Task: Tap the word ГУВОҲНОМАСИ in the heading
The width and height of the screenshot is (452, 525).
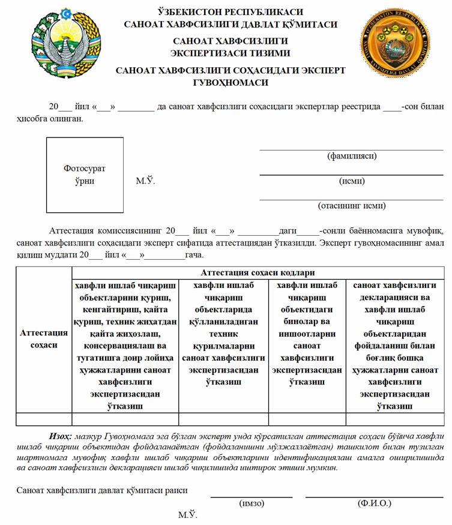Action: tap(231, 82)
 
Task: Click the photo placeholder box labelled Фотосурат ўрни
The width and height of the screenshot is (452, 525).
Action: tap(85, 175)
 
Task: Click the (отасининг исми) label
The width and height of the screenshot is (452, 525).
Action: tap(351, 206)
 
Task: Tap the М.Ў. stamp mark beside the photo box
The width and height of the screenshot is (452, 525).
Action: tap(145, 181)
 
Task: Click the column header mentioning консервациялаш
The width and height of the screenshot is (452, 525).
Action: tap(125, 346)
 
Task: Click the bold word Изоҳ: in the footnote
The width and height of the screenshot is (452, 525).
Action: tap(61, 436)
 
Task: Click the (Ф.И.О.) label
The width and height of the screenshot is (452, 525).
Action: tap(373, 503)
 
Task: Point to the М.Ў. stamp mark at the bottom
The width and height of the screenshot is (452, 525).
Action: tap(187, 515)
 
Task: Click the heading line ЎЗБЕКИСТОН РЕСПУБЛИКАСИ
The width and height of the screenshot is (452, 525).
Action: tap(231, 12)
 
